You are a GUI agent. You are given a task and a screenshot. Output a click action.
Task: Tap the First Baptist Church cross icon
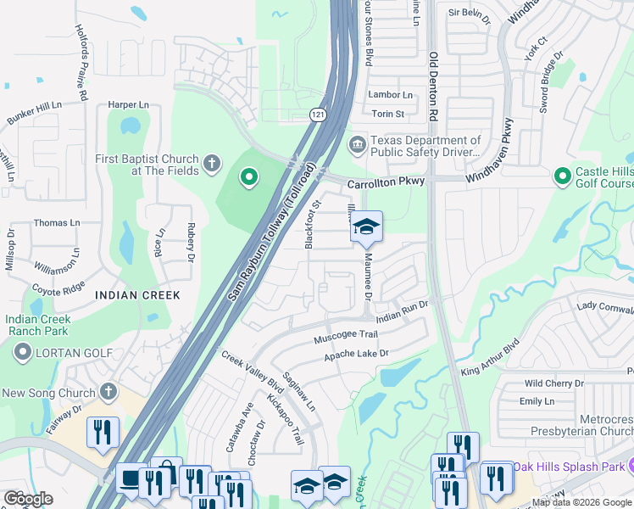pos(212,161)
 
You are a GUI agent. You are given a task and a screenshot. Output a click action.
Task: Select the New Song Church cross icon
pos(107,391)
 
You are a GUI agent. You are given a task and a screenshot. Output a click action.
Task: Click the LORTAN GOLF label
pos(68,351)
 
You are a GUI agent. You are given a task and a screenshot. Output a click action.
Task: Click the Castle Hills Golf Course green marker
pos(561,176)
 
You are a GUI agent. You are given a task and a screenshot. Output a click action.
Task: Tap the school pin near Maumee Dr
pos(366,227)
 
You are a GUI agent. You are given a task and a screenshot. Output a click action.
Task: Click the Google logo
pos(28,499)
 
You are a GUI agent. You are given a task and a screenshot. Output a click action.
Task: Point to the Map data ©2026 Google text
pos(581,502)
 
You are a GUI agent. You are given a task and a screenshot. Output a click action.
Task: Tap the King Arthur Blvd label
pos(490,361)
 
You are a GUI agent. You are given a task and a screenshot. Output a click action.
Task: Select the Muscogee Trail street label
pos(345,335)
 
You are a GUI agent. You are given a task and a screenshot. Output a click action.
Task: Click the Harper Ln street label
pos(128,105)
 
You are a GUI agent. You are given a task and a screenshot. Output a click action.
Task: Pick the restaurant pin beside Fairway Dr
pos(103,433)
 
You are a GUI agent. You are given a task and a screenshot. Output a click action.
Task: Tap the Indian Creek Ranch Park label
pos(36,325)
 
